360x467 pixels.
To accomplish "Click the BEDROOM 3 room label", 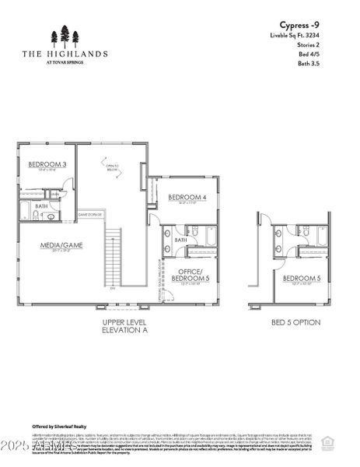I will pos(47,164).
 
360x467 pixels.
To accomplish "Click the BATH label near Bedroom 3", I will pos(41,205).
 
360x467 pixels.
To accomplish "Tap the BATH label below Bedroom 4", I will pos(180,240).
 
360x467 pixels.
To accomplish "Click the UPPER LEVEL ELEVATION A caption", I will pos(124,325).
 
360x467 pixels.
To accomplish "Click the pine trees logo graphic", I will pos(65,37).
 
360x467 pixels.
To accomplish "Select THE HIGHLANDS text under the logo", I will pos(65,54).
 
